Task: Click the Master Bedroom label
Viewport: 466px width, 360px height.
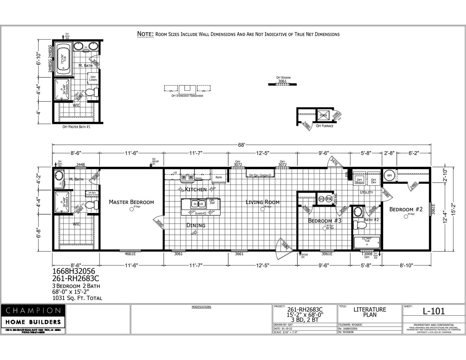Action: coord(131,202)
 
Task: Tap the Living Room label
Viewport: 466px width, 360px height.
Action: coord(262,202)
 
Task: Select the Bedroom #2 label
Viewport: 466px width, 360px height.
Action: coord(406,209)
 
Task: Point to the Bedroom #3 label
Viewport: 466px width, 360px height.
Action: coord(324,221)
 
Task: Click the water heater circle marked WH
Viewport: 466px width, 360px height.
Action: coord(389,176)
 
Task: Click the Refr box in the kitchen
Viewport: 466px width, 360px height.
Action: coord(219,177)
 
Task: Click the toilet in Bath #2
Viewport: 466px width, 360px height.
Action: coord(360,225)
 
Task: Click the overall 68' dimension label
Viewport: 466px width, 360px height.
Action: coord(241,145)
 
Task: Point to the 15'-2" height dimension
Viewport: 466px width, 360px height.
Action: coord(456,209)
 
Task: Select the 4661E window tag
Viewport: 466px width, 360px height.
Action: coord(130,254)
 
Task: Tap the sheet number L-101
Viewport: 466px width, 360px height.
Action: coord(434,311)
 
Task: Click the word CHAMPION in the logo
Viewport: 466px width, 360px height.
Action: coord(33,311)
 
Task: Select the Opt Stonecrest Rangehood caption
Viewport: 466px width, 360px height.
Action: coord(187,96)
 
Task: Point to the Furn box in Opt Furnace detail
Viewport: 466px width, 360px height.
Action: coord(323,115)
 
